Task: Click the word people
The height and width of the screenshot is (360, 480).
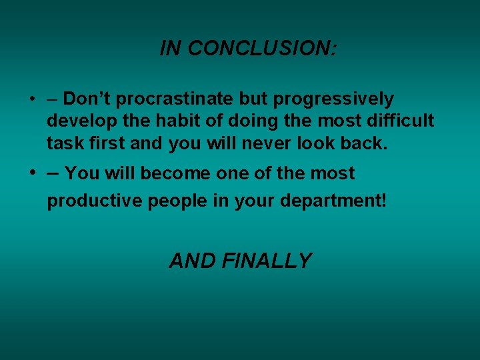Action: click(x=179, y=201)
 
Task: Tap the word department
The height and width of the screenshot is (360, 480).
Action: click(x=333, y=201)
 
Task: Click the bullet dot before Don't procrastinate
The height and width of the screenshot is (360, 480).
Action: click(x=32, y=99)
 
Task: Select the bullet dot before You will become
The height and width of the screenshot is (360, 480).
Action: click(x=32, y=173)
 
